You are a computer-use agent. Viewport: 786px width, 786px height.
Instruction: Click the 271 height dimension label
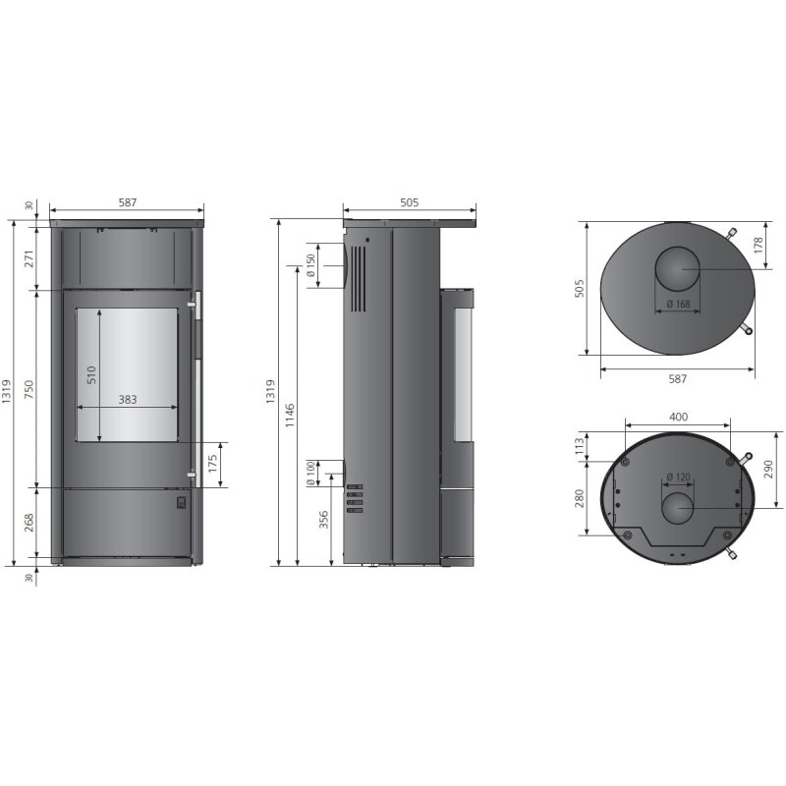point(29,258)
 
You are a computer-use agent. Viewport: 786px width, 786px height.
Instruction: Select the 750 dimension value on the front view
point(29,388)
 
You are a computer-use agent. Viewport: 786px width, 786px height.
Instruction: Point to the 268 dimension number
point(29,525)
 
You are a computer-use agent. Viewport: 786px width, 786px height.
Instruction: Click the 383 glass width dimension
point(127,400)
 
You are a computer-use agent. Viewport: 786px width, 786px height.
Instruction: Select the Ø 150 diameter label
point(310,265)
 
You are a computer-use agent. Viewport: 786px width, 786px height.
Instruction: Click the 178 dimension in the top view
point(759,247)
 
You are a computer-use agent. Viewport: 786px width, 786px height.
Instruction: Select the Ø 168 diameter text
point(677,304)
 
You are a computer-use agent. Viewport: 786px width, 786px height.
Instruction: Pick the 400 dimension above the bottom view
point(678,418)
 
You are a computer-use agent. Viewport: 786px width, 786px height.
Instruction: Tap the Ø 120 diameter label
point(678,478)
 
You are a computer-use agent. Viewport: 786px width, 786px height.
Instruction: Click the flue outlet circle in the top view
point(678,268)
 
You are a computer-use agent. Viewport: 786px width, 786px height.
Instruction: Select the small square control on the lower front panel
point(180,503)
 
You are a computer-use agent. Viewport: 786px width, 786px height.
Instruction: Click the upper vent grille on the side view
point(359,278)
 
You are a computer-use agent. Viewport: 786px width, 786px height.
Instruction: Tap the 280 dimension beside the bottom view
point(579,499)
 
